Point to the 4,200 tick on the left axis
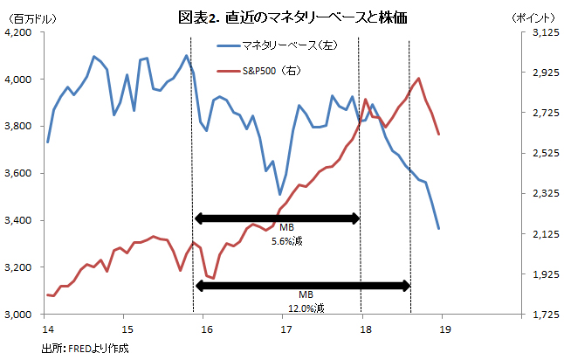(19, 32)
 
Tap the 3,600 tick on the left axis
(19, 174)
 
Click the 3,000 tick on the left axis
(19, 315)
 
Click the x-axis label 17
(285, 329)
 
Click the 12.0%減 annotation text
(306, 308)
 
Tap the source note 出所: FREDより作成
(86, 349)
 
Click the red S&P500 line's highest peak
(419, 79)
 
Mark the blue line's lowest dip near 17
(279, 194)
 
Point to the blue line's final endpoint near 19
(438, 228)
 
